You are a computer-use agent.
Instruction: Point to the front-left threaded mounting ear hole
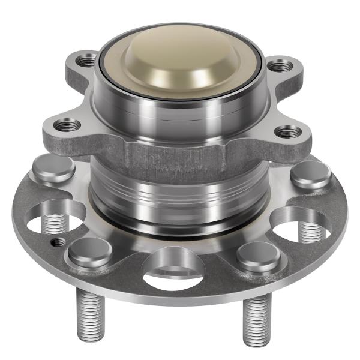tap(67, 125)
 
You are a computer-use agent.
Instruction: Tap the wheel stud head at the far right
tap(311, 176)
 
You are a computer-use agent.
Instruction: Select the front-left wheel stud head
tap(88, 251)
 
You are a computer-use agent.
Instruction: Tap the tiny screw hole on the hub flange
tap(58, 242)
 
